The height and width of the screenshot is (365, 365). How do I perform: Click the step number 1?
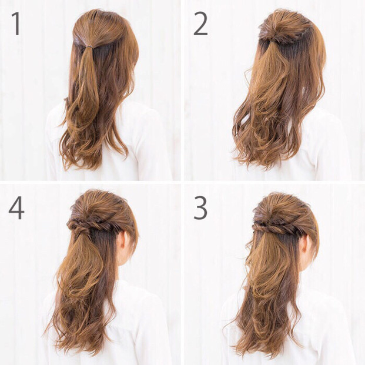pos(16,24)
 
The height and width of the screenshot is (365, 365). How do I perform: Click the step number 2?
pos(200,24)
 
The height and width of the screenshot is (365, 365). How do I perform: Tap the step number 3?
pos(200,208)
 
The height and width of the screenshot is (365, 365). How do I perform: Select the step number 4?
pos(16,208)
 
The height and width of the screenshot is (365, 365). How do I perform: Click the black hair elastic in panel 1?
pos(88,47)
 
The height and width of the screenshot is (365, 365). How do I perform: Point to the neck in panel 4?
pos(125,272)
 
